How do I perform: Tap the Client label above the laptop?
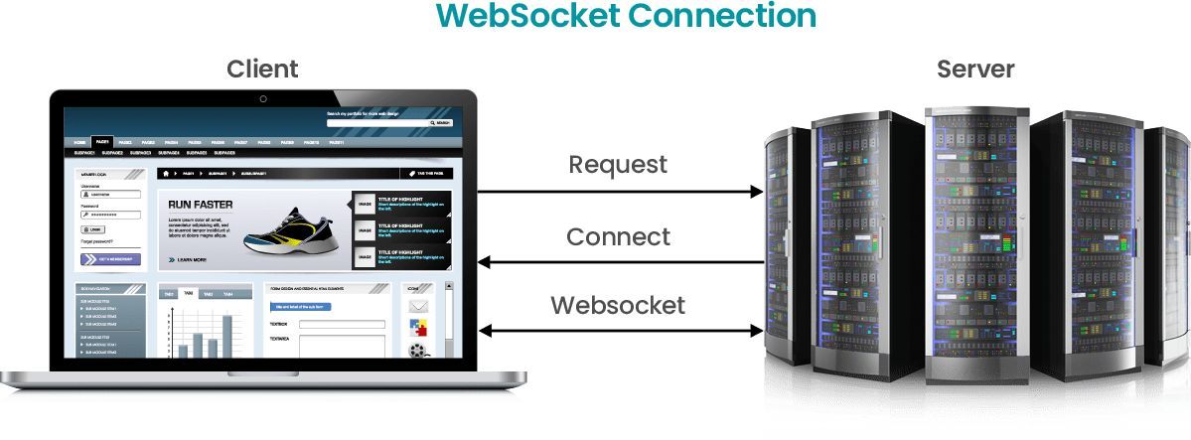click(x=262, y=69)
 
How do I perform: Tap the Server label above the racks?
click(x=975, y=69)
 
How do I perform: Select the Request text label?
click(x=618, y=164)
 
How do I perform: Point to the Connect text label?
click(x=618, y=237)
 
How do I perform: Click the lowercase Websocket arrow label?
click(x=618, y=304)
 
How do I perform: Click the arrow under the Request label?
click(x=620, y=192)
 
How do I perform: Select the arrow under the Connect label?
click(x=620, y=262)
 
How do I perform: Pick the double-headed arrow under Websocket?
click(x=620, y=330)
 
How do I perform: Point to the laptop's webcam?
click(x=263, y=98)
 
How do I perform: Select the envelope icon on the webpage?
click(x=418, y=307)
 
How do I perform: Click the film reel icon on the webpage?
click(x=418, y=349)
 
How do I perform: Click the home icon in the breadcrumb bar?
click(x=167, y=174)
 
